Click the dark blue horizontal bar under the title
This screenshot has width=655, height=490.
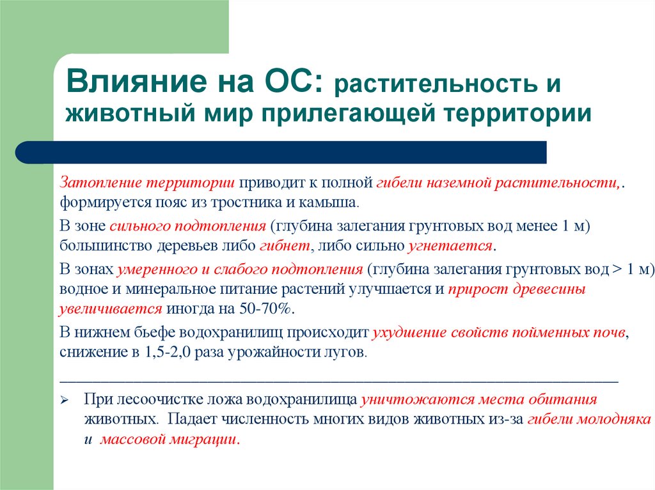(x=281, y=153)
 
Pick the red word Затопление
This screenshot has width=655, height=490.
(x=100, y=183)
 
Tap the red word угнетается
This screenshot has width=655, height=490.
(x=451, y=245)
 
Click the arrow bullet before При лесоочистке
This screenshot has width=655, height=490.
(x=65, y=401)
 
